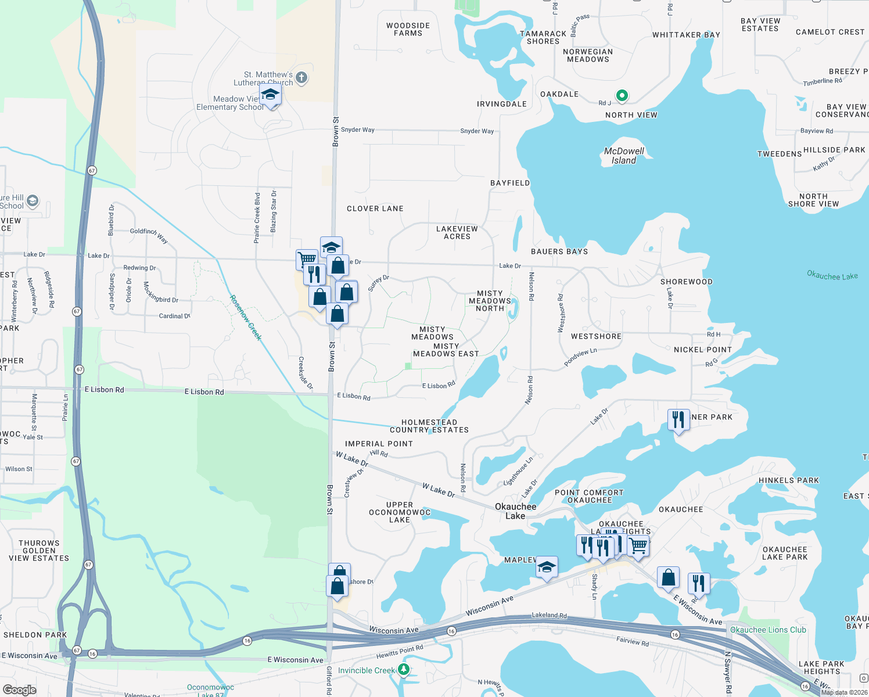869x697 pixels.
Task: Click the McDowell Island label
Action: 624,156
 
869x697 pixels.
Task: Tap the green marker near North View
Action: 622,95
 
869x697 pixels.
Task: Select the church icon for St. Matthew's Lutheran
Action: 301,78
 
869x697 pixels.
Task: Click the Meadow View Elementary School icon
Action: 270,95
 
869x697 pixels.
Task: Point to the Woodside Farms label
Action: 408,30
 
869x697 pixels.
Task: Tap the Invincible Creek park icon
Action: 403,670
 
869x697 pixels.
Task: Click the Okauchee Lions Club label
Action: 768,630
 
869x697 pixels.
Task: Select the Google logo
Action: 19,690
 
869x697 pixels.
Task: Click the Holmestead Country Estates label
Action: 429,426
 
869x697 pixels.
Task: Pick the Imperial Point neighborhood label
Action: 379,444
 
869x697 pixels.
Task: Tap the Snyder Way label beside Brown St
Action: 358,130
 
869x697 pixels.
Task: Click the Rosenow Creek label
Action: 246,318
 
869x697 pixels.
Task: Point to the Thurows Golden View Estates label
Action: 39,551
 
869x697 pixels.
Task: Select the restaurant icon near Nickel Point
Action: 678,419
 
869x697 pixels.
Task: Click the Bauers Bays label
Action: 559,252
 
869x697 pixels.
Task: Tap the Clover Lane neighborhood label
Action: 375,209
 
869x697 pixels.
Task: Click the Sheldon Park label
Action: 35,635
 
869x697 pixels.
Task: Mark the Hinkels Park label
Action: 789,480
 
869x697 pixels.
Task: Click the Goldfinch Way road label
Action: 149,235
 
